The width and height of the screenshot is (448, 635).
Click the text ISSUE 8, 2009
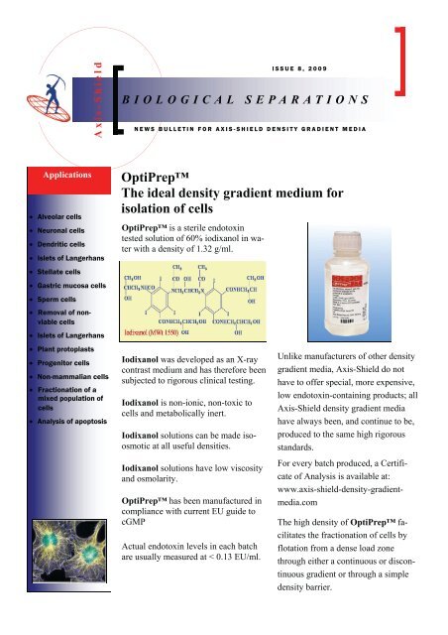click(302, 70)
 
